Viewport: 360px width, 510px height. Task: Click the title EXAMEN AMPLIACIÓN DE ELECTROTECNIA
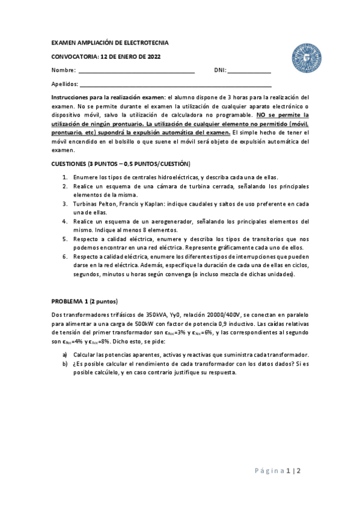[x=110, y=43]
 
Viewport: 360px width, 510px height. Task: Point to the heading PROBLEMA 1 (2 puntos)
[x=85, y=301]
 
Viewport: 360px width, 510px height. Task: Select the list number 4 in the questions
[x=65, y=221]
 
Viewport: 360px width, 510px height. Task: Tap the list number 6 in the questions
[x=65, y=257]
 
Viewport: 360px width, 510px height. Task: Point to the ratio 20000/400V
[x=221, y=314]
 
